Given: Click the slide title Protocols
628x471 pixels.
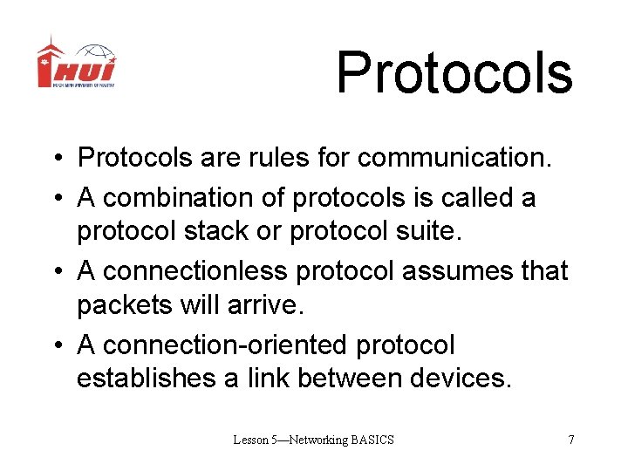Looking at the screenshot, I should coord(454,72).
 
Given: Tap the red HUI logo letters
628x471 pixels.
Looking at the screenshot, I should coord(76,70).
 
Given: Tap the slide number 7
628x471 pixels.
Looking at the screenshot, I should coord(570,440).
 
